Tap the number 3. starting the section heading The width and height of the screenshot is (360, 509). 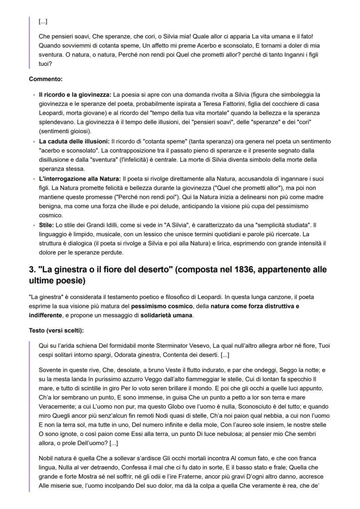pyautogui.click(x=33, y=269)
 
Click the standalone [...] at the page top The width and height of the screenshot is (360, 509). pyautogui.click(x=43, y=20)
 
